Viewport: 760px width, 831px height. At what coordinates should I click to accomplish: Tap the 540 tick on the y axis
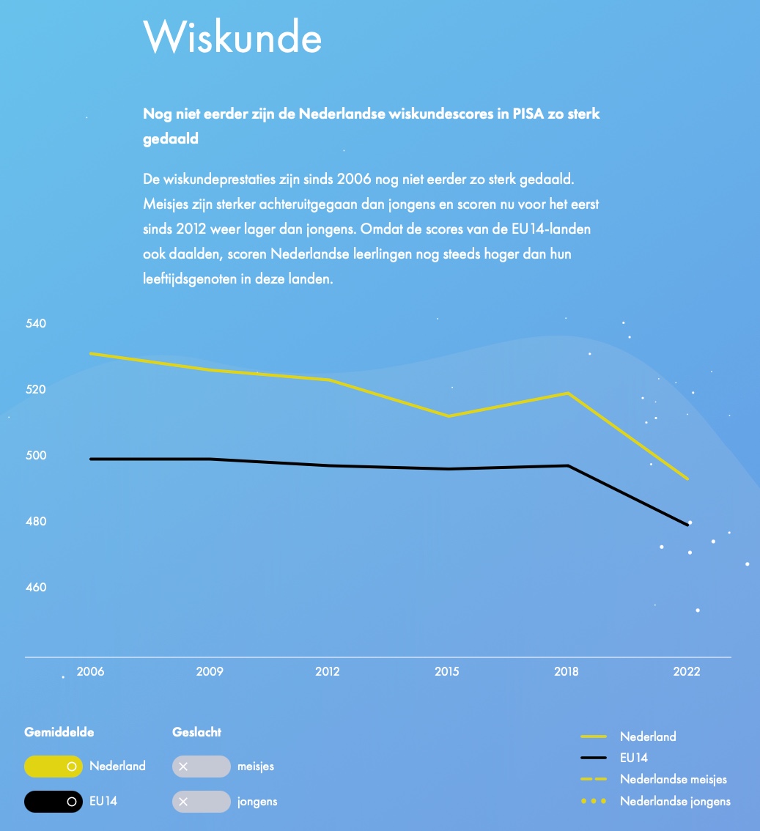pyautogui.click(x=36, y=323)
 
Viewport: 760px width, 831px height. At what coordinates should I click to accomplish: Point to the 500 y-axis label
pyautogui.click(x=36, y=455)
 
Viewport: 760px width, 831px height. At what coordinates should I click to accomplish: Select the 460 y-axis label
pyautogui.click(x=36, y=587)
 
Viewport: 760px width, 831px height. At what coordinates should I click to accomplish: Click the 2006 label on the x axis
pyautogui.click(x=90, y=671)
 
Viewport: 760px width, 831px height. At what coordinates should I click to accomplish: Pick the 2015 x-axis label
pyautogui.click(x=446, y=671)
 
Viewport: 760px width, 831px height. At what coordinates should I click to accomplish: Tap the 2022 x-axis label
pyautogui.click(x=687, y=671)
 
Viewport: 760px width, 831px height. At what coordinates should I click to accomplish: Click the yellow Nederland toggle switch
pyautogui.click(x=53, y=767)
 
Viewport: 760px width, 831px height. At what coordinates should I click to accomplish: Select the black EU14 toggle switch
pyautogui.click(x=53, y=802)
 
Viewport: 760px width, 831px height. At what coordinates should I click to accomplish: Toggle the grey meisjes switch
pyautogui.click(x=201, y=767)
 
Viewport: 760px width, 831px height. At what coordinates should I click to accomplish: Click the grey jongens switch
pyautogui.click(x=201, y=802)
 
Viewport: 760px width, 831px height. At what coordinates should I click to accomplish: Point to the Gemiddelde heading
pyautogui.click(x=59, y=731)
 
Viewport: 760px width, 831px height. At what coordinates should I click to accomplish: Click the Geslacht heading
pyautogui.click(x=196, y=731)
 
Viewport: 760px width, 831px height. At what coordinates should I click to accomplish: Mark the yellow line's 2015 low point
pyautogui.click(x=447, y=416)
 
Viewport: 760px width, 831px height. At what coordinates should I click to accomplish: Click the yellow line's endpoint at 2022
pyautogui.click(x=687, y=479)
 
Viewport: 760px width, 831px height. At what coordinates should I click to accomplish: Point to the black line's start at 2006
pyautogui.click(x=91, y=459)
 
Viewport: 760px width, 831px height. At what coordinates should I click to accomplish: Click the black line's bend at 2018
pyautogui.click(x=568, y=465)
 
